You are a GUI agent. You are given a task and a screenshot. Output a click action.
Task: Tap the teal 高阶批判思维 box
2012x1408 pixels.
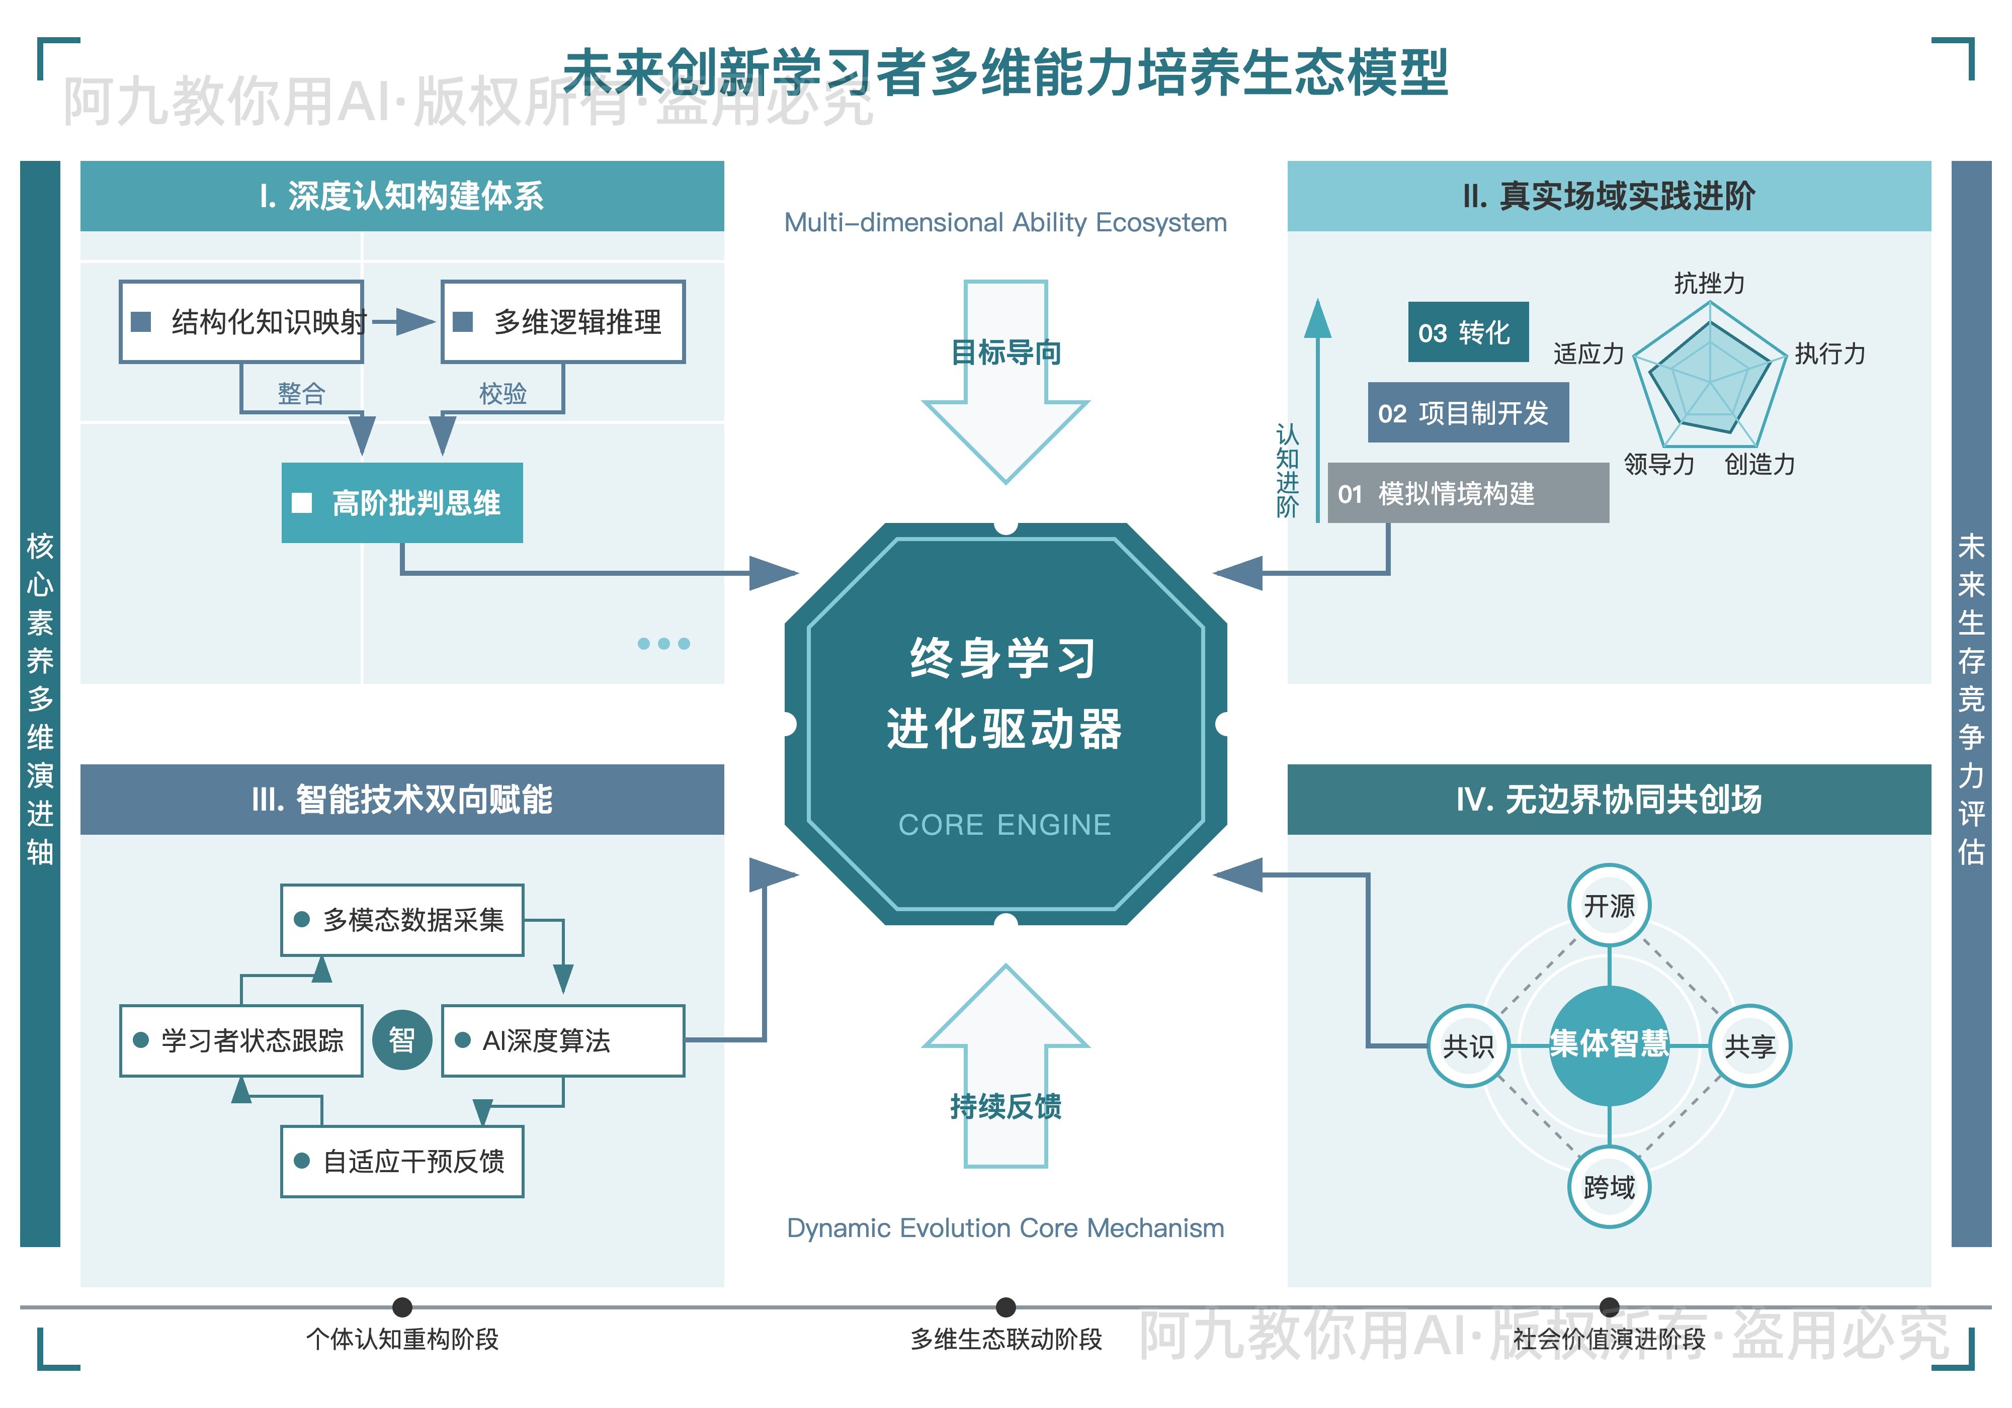coord(402,503)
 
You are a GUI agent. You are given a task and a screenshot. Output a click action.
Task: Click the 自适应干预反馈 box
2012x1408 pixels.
coord(402,1161)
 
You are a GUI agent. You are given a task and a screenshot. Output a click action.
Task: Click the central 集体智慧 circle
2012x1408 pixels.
coord(1609,1044)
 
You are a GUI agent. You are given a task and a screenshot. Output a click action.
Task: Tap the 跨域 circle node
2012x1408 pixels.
coord(1609,1187)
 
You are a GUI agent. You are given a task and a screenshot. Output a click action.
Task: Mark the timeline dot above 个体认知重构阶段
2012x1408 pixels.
coord(402,1307)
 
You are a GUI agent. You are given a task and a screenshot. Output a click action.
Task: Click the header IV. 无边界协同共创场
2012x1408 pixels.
coord(1609,799)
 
